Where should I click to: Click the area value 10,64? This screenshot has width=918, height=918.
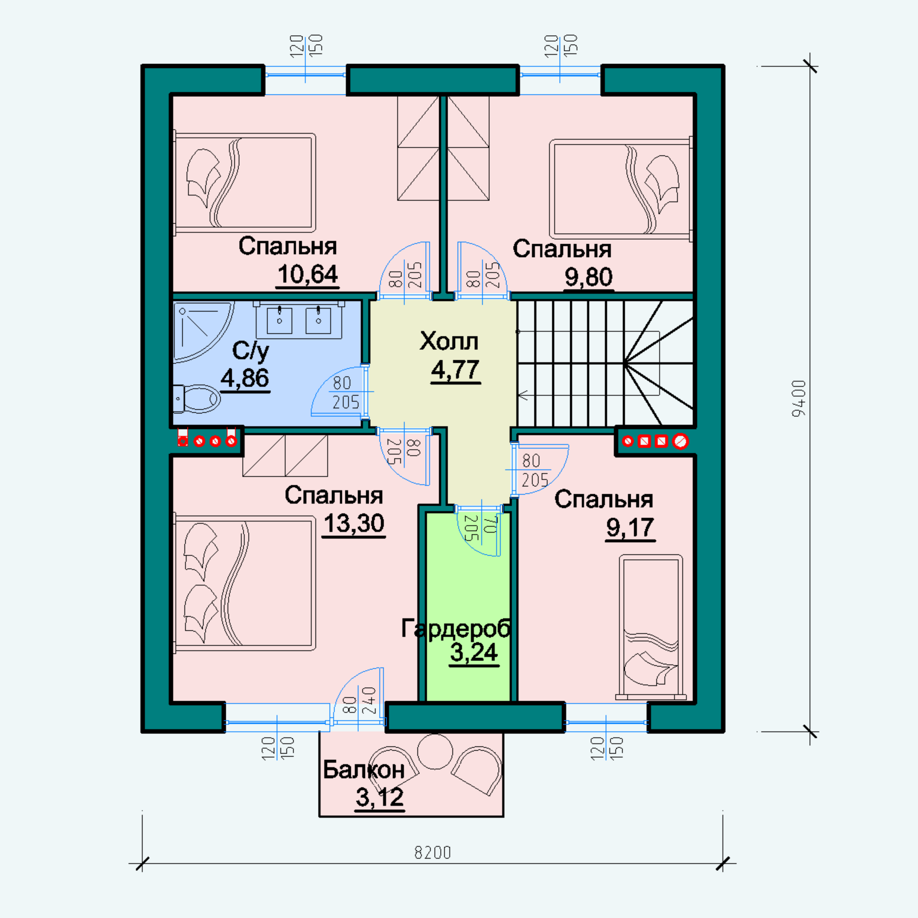[308, 274]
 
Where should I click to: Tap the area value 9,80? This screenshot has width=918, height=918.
[589, 277]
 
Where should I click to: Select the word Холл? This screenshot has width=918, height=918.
[449, 341]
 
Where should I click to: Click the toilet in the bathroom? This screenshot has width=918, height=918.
[197, 398]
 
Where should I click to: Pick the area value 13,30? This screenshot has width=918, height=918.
[354, 524]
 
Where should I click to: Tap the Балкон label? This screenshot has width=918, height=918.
[364, 770]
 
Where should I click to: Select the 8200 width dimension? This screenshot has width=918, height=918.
[433, 852]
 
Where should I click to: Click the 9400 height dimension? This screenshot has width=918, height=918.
[799, 398]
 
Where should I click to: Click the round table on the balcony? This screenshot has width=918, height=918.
[435, 751]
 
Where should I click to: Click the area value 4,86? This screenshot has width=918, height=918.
[245, 378]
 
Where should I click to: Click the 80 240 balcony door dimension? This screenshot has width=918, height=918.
[359, 700]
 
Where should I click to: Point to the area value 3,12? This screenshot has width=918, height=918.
[380, 797]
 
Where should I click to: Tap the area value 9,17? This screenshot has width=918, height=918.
[630, 527]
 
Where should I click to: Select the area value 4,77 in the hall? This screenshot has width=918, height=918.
[456, 370]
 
